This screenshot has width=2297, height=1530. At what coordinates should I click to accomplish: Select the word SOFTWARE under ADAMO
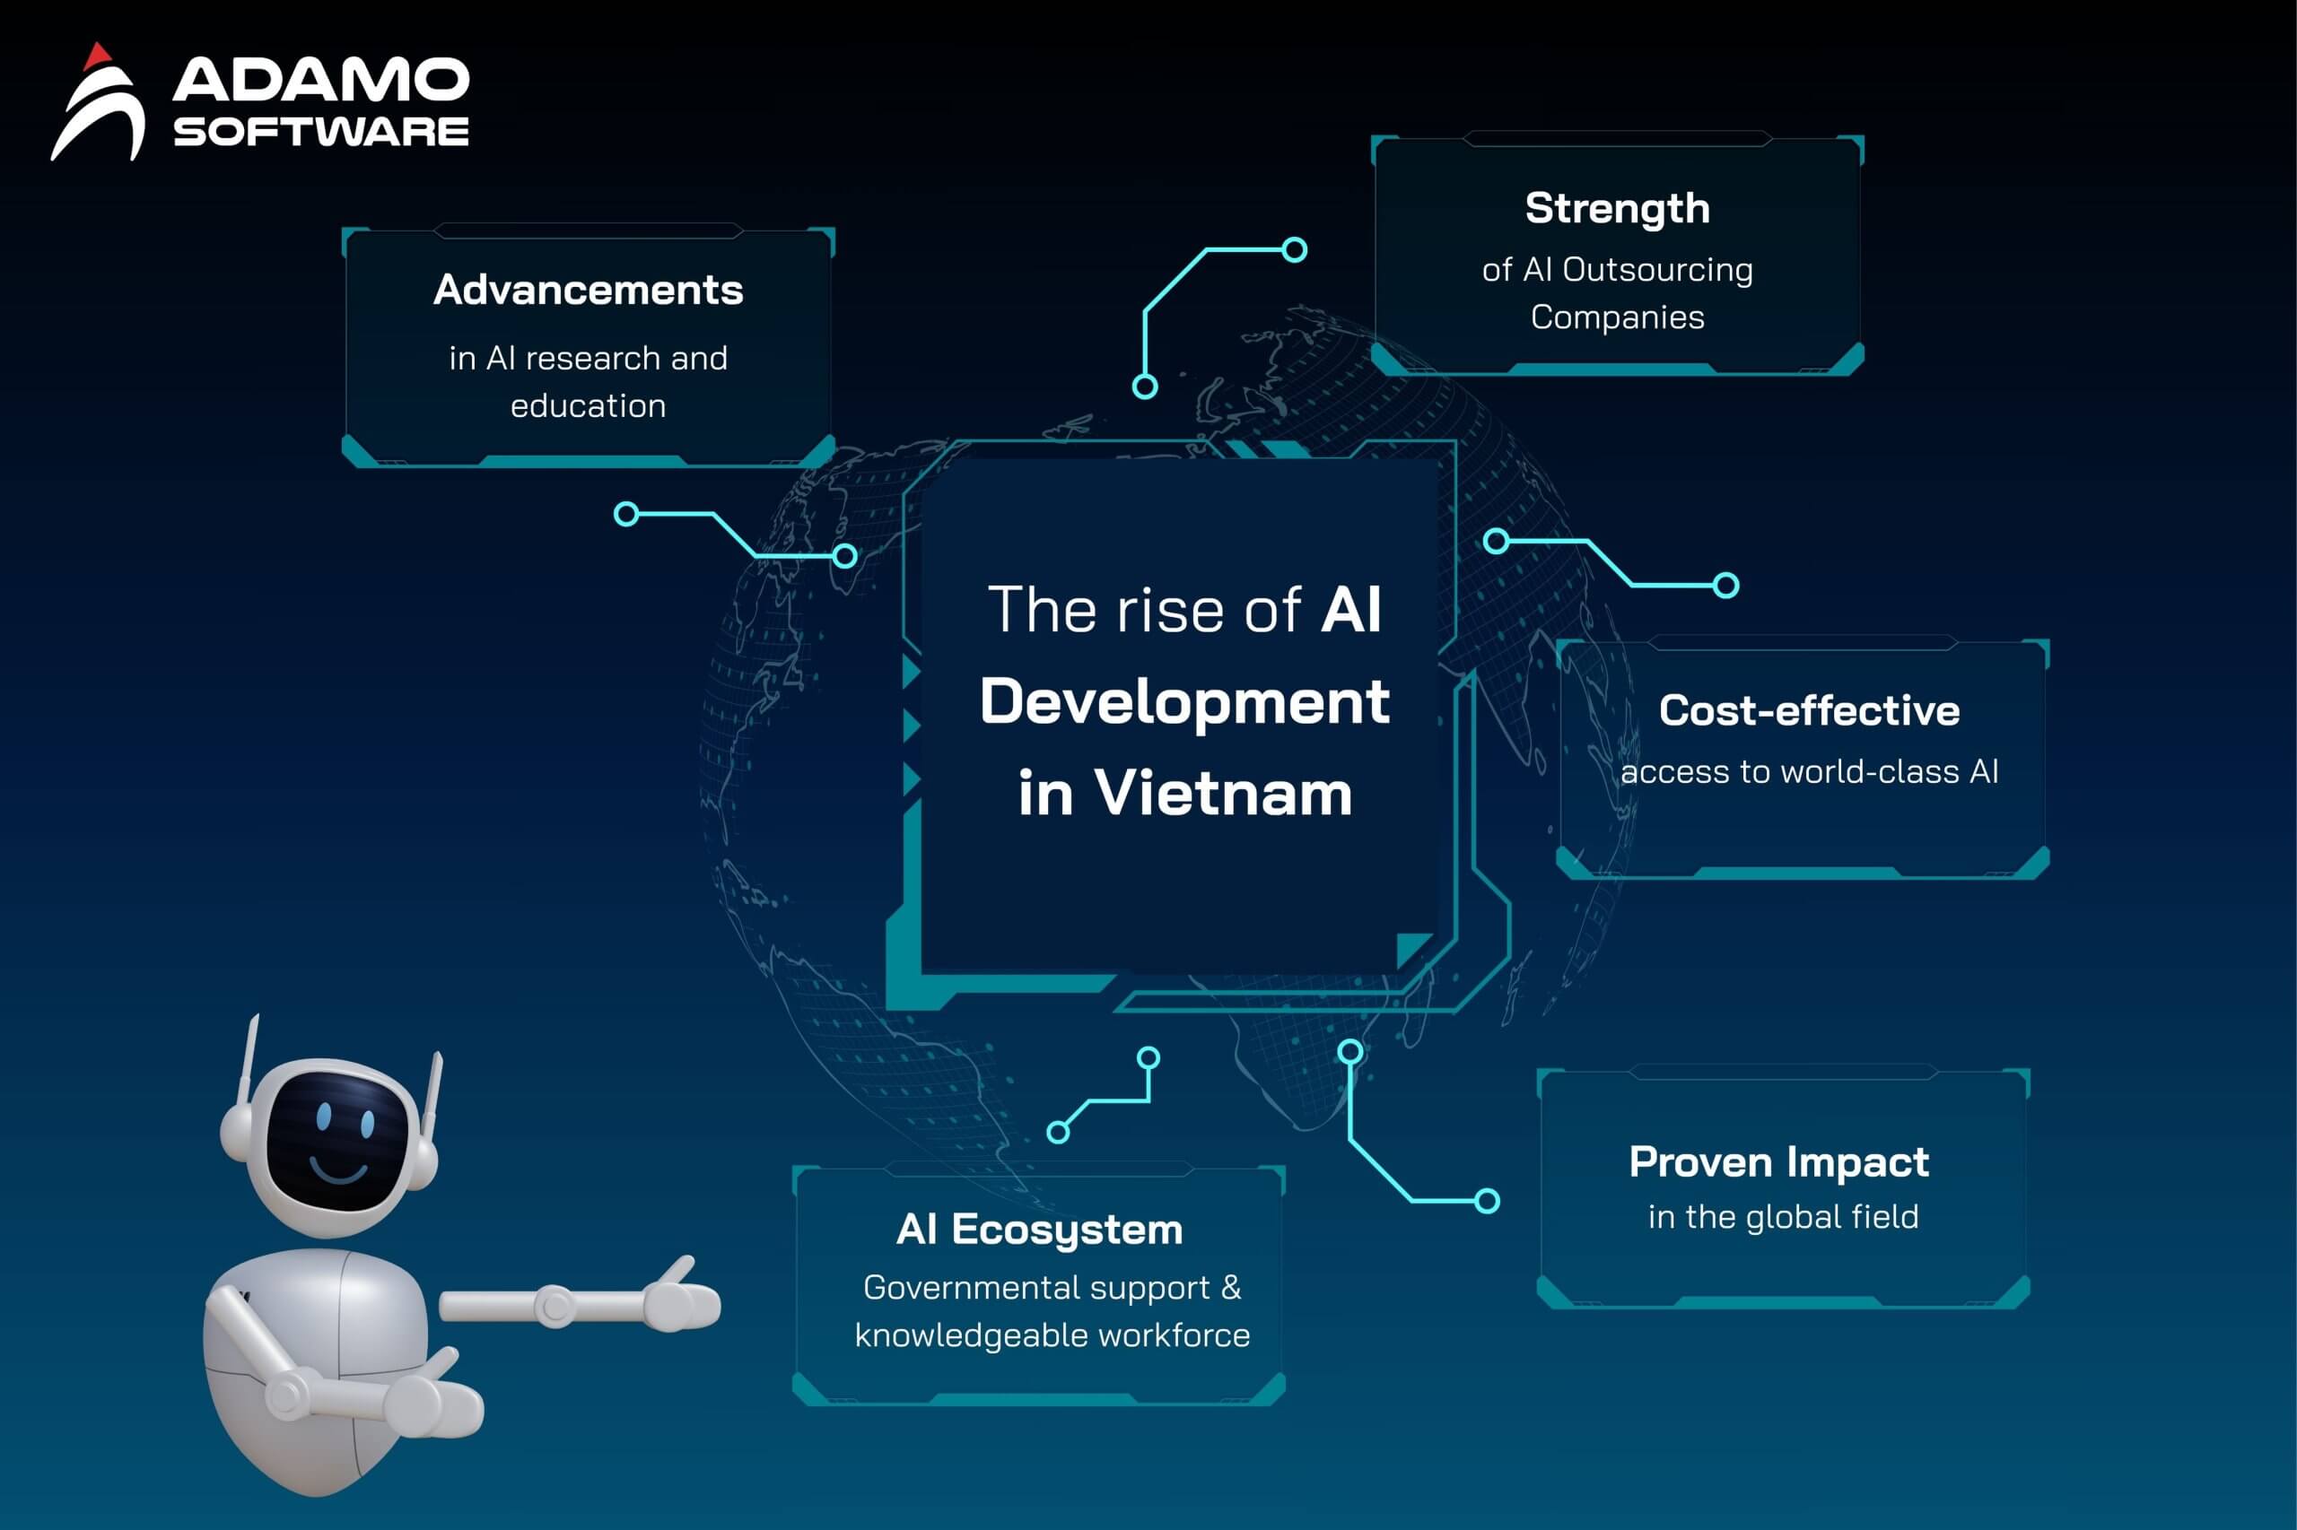point(321,132)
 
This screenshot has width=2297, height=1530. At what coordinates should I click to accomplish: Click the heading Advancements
point(589,290)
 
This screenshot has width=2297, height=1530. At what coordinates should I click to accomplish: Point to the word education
point(589,406)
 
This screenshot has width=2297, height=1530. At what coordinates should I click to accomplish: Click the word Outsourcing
point(1657,269)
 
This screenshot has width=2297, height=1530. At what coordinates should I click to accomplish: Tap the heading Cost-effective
point(1809,710)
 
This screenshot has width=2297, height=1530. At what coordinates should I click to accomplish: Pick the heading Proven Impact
point(1778,1162)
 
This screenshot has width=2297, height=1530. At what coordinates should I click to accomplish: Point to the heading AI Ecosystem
point(1040,1230)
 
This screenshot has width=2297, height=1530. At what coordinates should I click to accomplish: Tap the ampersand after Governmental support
point(1231,1287)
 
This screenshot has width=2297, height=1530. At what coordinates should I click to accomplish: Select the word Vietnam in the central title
point(1223,794)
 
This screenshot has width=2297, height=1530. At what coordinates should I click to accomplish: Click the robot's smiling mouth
point(339,1168)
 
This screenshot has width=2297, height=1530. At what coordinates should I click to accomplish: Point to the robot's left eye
point(325,1117)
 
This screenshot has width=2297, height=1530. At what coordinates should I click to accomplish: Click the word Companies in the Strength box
point(1618,318)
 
